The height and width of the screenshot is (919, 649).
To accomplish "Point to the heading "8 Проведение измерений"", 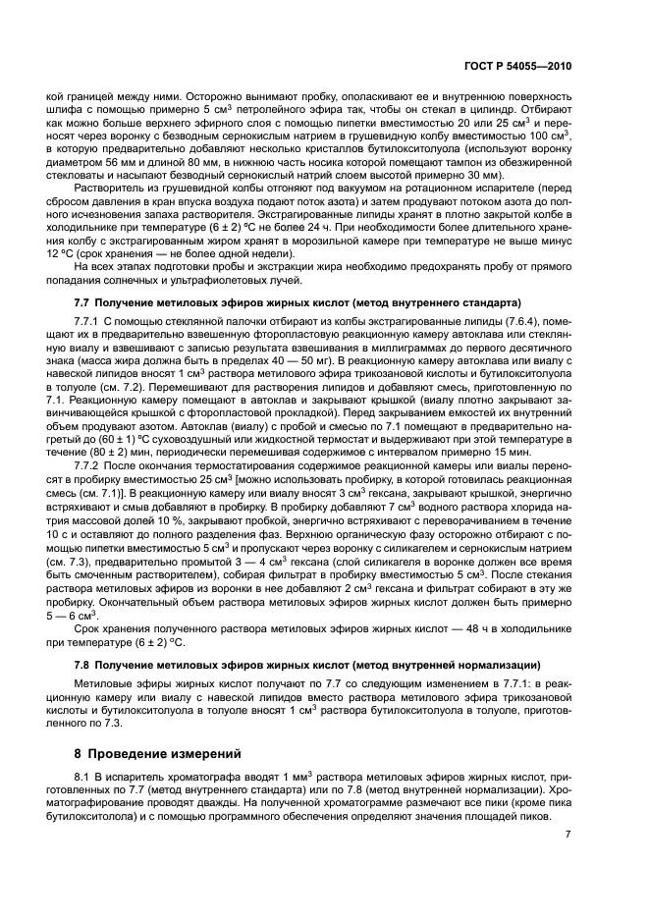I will coord(159,754).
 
